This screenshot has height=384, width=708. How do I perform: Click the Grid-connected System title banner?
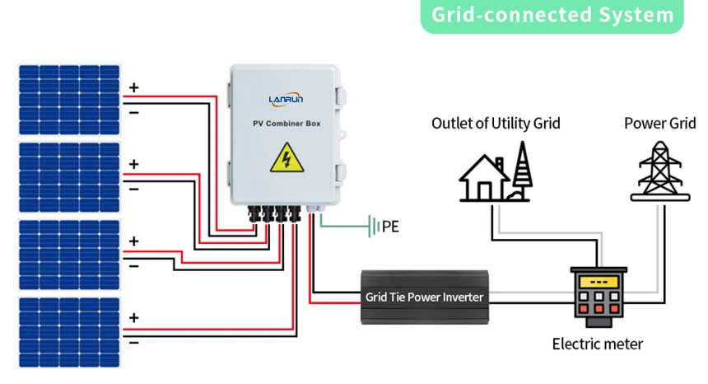[x=552, y=16]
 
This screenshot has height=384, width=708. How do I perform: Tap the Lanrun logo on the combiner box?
[x=286, y=99]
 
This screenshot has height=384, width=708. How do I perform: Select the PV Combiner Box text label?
[x=286, y=124]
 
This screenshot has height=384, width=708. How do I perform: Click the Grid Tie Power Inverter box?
[x=424, y=297]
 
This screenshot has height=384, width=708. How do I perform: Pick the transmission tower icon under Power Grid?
[x=661, y=171]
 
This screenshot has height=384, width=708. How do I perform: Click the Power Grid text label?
[x=659, y=124]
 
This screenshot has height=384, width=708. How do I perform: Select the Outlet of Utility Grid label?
[x=496, y=124]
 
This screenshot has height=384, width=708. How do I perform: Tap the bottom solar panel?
[x=69, y=330]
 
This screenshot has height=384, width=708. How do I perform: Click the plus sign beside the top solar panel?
[x=133, y=87]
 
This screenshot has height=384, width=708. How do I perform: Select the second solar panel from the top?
[x=69, y=176]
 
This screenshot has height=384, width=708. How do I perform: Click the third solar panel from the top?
[x=69, y=254]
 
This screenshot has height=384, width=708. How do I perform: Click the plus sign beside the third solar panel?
[x=133, y=241]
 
